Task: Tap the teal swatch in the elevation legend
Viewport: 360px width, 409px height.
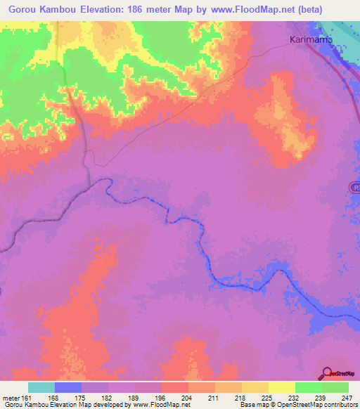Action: click(x=41, y=387)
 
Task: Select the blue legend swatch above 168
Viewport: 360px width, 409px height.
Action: click(x=68, y=387)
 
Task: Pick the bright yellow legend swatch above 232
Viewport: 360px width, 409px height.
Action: click(x=281, y=387)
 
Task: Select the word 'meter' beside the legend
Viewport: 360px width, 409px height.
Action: click(x=12, y=397)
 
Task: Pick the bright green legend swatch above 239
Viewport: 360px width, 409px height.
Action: click(x=308, y=387)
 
